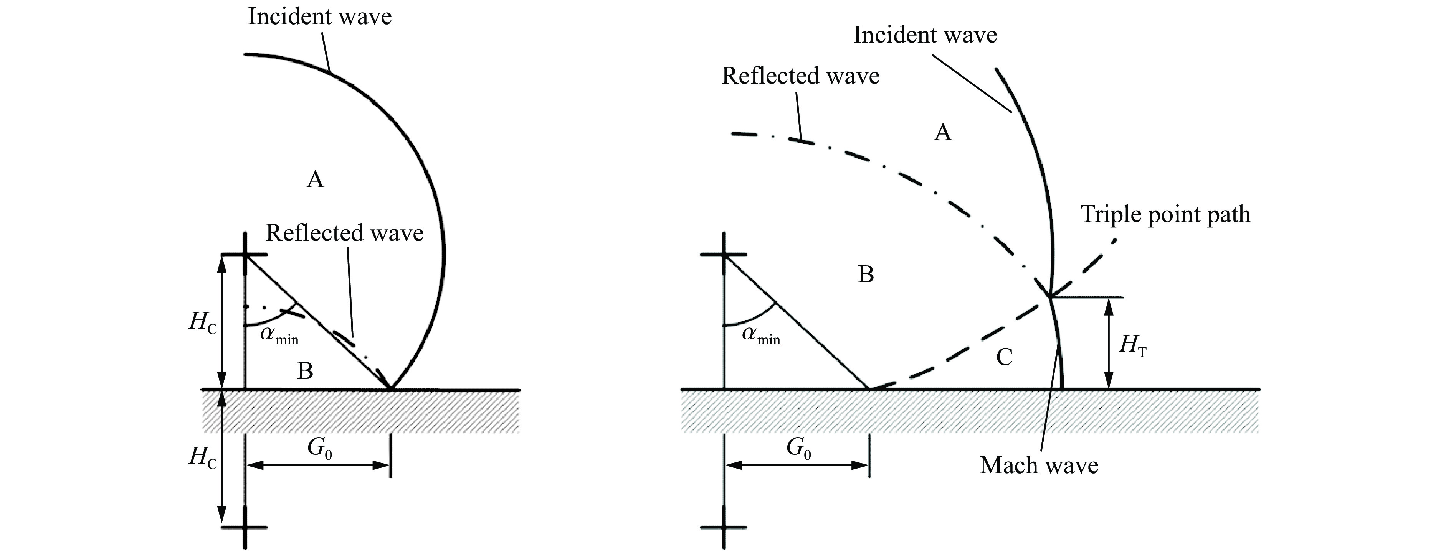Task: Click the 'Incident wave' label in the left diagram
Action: pos(319,17)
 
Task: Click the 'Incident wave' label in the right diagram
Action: pos(925,35)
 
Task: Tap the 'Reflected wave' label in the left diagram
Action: pos(344,233)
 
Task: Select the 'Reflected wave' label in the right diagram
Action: pos(800,76)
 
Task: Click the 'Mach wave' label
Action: pos(1039,465)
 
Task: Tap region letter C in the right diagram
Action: pos(1004,357)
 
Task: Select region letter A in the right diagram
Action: pos(942,133)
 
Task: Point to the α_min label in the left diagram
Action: pos(278,336)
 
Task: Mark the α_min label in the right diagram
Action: pos(760,336)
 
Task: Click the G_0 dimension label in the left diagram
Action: pos(319,449)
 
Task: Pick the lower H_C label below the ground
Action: pos(203,457)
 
